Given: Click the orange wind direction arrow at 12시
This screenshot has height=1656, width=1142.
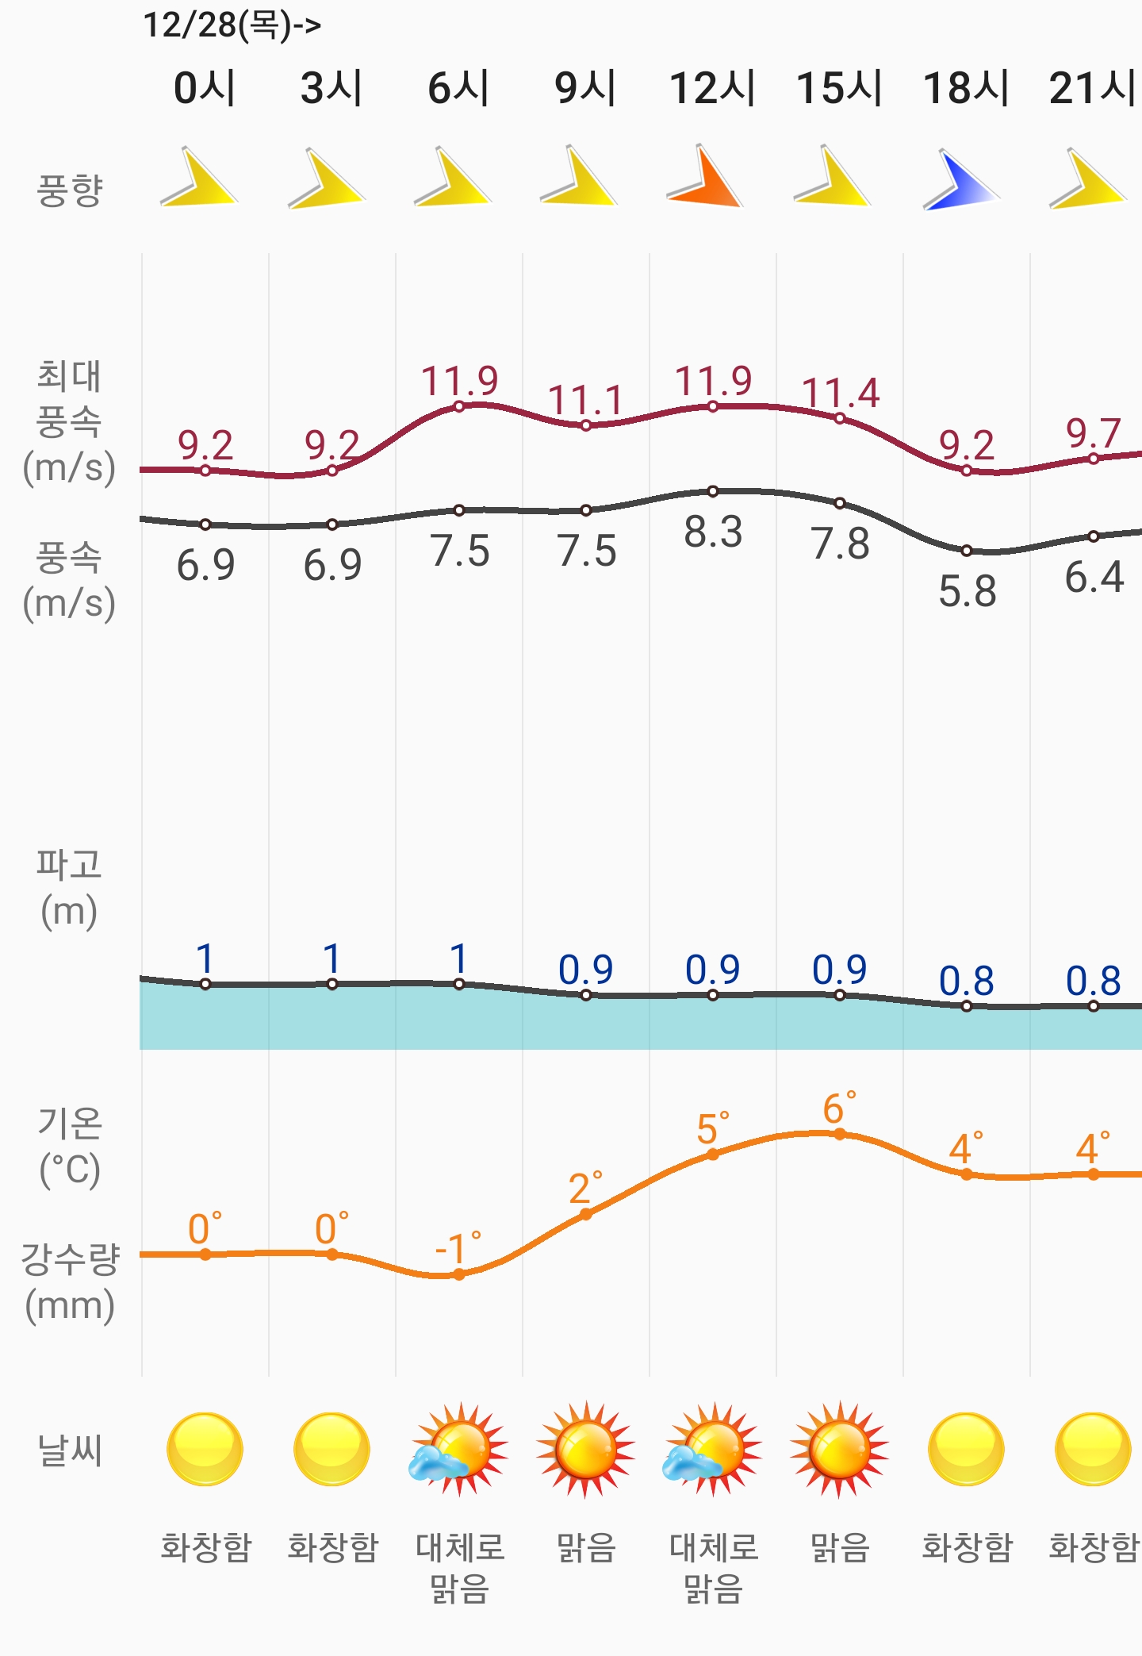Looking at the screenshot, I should pyautogui.click(x=706, y=179).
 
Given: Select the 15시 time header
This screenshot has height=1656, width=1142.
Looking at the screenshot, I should pyautogui.click(x=839, y=87).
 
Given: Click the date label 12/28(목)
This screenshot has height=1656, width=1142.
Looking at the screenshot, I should pyautogui.click(x=231, y=25).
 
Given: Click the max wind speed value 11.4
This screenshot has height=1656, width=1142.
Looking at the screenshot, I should pyautogui.click(x=841, y=393).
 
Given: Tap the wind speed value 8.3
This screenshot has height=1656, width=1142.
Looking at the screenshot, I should pyautogui.click(x=713, y=532).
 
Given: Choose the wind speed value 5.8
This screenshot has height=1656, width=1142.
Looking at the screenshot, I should pyautogui.click(x=967, y=591).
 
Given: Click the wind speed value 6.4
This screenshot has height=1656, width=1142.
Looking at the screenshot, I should pyautogui.click(x=1094, y=577).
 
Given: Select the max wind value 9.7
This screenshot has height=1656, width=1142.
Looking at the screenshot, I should pyautogui.click(x=1093, y=433).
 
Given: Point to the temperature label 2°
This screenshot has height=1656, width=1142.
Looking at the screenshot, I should pyautogui.click(x=585, y=1189).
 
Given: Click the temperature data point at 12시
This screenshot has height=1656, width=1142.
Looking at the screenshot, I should pyautogui.click(x=713, y=1155).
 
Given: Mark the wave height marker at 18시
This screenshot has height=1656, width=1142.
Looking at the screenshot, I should pyautogui.click(x=967, y=1006).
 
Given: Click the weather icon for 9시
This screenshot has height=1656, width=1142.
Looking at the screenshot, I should pyautogui.click(x=585, y=1450).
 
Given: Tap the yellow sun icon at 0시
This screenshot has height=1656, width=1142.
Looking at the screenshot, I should pyautogui.click(x=205, y=1450).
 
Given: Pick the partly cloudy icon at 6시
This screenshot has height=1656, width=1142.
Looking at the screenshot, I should pyautogui.click(x=458, y=1450).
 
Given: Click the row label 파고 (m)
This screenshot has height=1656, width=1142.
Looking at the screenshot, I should pyautogui.click(x=70, y=887).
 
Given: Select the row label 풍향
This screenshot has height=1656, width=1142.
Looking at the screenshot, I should pyautogui.click(x=70, y=190).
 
